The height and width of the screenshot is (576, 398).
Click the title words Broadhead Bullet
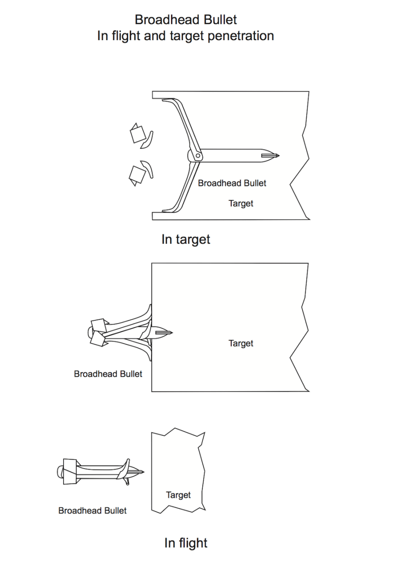click(186, 20)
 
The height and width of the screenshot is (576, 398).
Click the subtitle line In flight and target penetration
click(186, 36)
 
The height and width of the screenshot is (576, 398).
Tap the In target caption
click(186, 240)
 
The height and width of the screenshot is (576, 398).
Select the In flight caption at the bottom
click(186, 543)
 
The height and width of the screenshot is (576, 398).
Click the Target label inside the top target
click(241, 204)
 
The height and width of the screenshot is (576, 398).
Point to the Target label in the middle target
click(241, 343)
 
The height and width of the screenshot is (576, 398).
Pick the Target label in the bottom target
click(178, 495)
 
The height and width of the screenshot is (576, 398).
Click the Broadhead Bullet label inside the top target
click(232, 183)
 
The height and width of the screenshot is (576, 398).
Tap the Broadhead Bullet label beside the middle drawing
click(108, 374)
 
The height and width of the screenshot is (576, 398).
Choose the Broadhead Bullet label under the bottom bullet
click(92, 510)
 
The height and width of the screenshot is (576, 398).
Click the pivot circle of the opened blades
click(199, 156)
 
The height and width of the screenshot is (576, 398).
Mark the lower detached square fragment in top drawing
click(137, 174)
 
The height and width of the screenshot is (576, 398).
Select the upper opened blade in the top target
click(181, 124)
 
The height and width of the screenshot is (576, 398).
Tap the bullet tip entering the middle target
click(171, 332)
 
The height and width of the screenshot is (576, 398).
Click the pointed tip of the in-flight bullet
click(143, 472)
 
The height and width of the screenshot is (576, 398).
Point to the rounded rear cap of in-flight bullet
click(60, 472)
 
